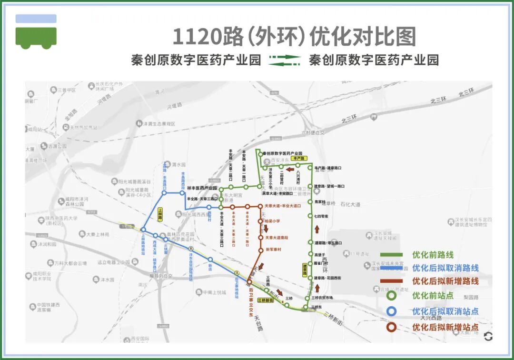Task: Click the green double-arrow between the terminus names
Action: (285, 60)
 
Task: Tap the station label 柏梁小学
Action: (272, 221)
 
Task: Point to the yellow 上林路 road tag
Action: (160, 214)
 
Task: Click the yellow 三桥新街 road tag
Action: (265, 300)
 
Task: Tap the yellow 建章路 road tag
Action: (305, 270)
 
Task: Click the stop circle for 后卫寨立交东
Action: (249, 282)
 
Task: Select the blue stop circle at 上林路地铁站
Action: (143, 230)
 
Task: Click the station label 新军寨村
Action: (273, 250)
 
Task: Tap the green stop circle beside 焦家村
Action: (309, 202)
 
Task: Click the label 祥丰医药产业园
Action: (198, 189)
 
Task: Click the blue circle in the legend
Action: (391, 311)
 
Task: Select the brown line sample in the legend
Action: (391, 281)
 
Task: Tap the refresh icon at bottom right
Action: (488, 337)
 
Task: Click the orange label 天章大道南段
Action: (277, 238)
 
